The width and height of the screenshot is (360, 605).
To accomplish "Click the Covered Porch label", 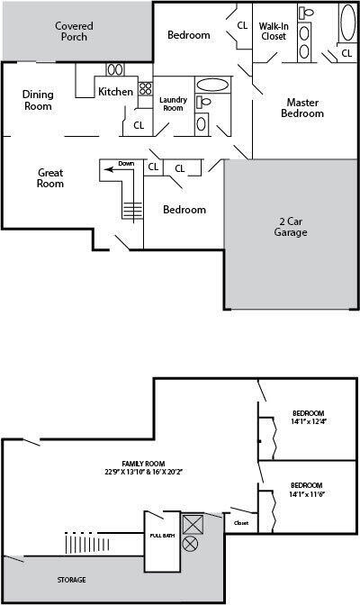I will click(x=74, y=32).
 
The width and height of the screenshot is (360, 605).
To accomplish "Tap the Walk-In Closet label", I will click(x=274, y=31).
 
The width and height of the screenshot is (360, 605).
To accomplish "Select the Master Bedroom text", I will click(x=302, y=107).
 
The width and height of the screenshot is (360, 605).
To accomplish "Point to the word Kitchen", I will click(x=116, y=91).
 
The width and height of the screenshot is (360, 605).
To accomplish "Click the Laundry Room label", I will click(x=172, y=103).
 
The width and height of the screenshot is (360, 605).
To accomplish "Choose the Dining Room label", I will click(x=38, y=100).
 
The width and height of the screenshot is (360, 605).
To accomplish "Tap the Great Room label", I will click(x=50, y=177).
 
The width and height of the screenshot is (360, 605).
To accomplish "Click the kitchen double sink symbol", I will click(x=115, y=69).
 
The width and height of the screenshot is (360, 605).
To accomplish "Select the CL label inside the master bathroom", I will click(x=346, y=54).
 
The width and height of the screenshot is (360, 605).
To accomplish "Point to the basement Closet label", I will click(x=241, y=522).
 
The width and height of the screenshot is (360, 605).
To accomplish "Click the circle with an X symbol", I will click(x=190, y=544).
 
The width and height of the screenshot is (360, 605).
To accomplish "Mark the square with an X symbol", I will click(x=193, y=524).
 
